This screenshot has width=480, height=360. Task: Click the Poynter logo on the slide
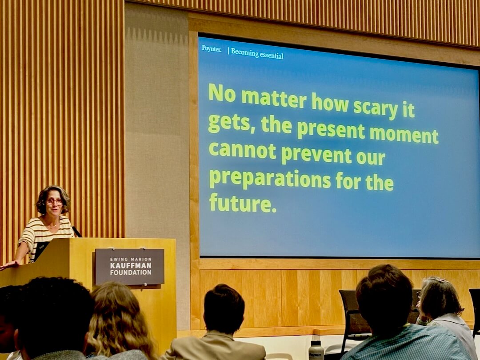pos(212,49)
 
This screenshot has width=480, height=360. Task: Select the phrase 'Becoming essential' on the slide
pos(257,53)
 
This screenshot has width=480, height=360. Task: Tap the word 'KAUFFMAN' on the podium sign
pos(131,265)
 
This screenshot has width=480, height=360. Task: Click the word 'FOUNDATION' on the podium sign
pos(131,272)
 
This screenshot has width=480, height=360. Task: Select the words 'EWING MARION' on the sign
pos(131,259)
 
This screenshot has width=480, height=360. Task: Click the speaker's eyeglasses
pos(55,202)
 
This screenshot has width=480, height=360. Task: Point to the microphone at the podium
pos(77,232)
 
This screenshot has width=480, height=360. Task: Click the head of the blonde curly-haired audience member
pos(118,318)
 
